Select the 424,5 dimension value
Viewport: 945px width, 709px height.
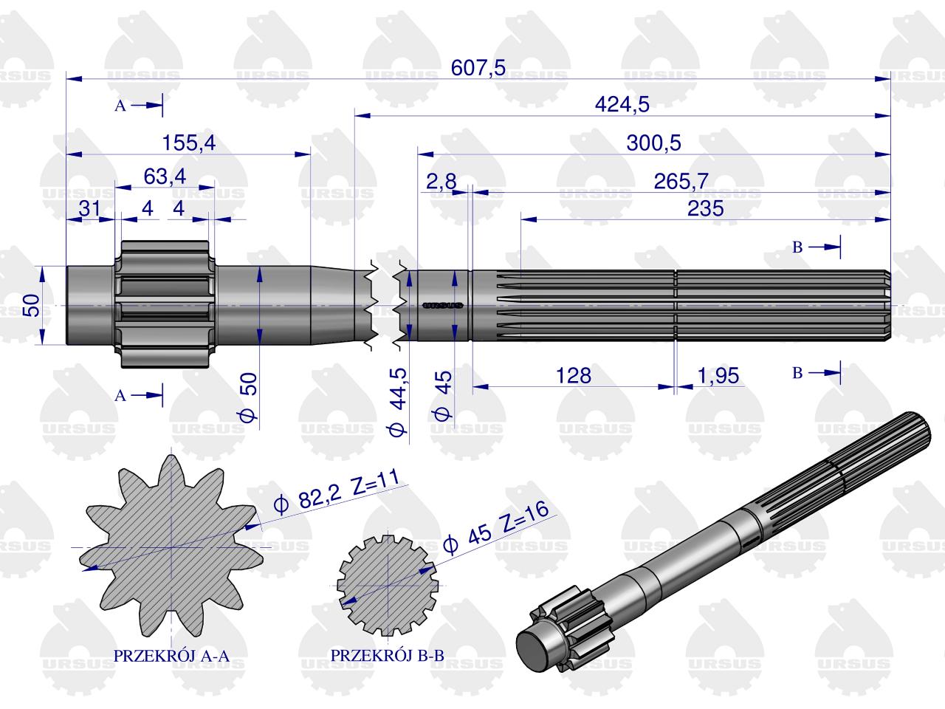click(x=622, y=105)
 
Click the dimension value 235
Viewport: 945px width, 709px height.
click(x=705, y=209)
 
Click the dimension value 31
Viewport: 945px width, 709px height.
click(x=89, y=209)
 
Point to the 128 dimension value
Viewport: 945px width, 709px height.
click(x=574, y=375)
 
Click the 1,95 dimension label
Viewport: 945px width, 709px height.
click(x=718, y=375)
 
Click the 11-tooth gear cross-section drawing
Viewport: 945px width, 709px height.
click(x=171, y=547)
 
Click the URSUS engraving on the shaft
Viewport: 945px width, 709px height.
click(x=441, y=304)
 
